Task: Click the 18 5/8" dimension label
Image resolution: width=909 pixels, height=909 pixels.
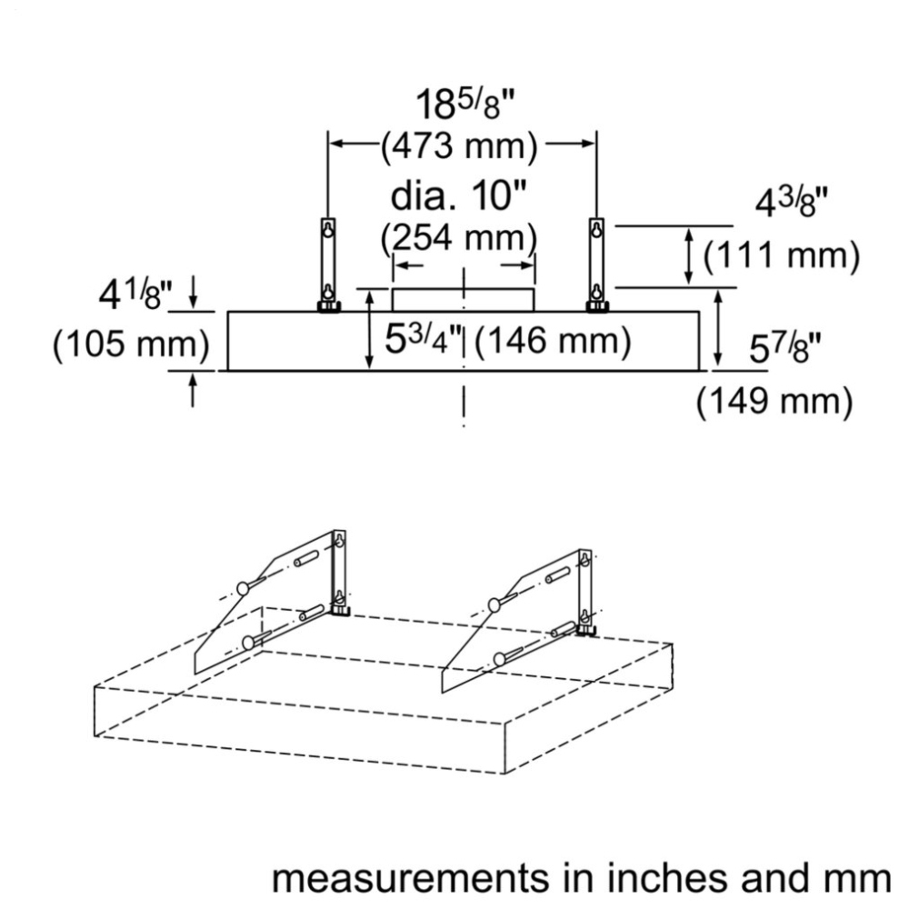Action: [464, 105]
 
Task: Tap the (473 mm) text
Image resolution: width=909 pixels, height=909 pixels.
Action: [459, 145]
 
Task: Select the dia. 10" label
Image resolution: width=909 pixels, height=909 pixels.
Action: [458, 196]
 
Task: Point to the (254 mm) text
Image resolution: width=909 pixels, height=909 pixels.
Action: [459, 237]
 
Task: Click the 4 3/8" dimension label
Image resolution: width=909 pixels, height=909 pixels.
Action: [792, 204]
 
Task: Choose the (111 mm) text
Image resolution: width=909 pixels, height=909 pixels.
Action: [782, 255]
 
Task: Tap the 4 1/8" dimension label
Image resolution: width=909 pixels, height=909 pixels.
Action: [135, 295]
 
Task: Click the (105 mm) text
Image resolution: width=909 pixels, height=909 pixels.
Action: [131, 345]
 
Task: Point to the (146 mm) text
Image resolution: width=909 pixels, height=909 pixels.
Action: [553, 340]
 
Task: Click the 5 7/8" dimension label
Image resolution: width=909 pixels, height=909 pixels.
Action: [785, 348]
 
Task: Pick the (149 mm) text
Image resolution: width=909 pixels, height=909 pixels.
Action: [774, 401]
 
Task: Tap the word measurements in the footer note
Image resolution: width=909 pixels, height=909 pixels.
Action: [411, 879]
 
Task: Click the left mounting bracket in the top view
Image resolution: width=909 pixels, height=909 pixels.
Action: [329, 265]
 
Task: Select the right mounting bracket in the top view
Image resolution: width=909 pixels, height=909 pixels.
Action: [597, 265]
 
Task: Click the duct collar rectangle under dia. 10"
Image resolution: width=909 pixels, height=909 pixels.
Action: [464, 300]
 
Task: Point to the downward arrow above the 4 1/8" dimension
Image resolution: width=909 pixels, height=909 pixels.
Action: [193, 292]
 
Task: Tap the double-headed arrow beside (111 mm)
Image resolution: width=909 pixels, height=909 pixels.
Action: [689, 256]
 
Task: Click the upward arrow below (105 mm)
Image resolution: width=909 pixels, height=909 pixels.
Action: [193, 390]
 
